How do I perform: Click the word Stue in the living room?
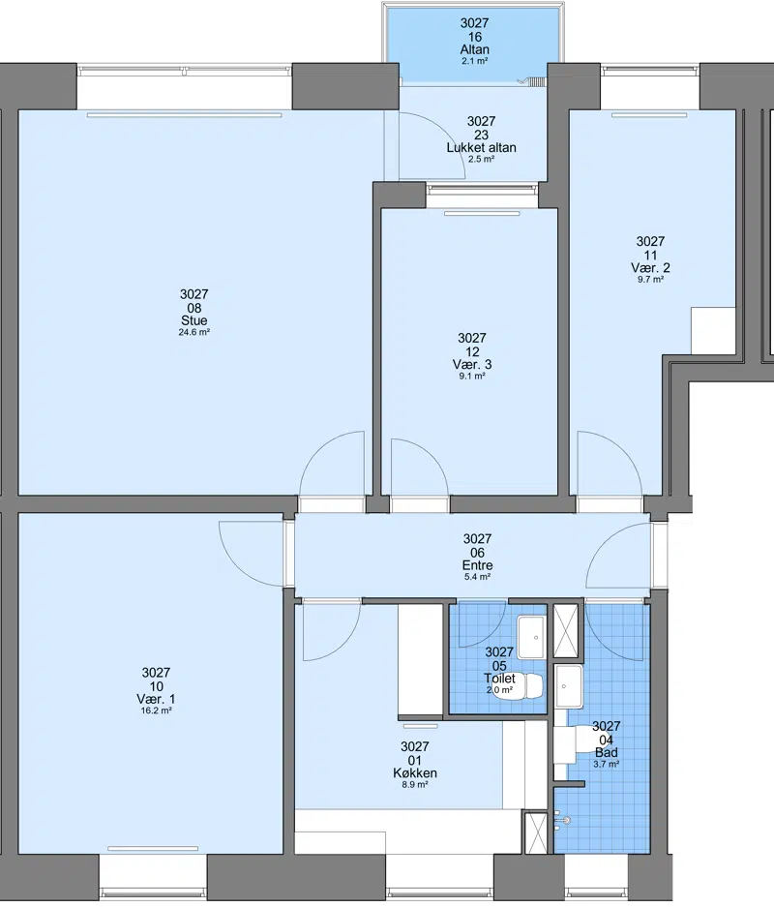[x=193, y=320]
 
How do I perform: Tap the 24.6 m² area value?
[x=193, y=333]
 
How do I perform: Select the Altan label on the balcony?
[x=475, y=49]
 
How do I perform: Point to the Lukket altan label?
[x=481, y=147]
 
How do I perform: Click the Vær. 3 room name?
[x=472, y=364]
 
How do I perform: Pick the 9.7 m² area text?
[x=650, y=279]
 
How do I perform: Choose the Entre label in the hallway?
[x=478, y=565]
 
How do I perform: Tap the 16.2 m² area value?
[x=156, y=710]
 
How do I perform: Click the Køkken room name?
[x=414, y=773]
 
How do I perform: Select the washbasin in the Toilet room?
[x=531, y=638]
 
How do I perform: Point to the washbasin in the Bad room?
[x=569, y=686]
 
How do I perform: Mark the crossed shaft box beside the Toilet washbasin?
[x=566, y=632]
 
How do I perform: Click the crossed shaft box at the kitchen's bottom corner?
[x=535, y=832]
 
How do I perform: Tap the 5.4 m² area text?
[x=478, y=577]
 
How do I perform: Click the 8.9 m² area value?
[x=414, y=785]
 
